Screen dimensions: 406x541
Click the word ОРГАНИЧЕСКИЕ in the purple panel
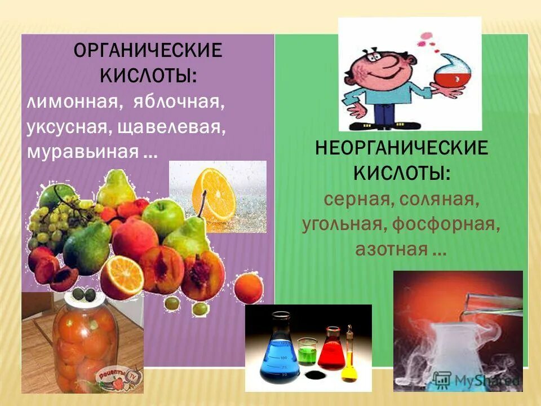pos(148,51)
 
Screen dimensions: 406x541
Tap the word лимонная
pos(73,103)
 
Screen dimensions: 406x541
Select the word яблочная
pos(175,103)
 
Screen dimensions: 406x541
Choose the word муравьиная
pos(82,151)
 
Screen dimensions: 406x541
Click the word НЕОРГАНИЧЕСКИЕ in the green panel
pos(402,148)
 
